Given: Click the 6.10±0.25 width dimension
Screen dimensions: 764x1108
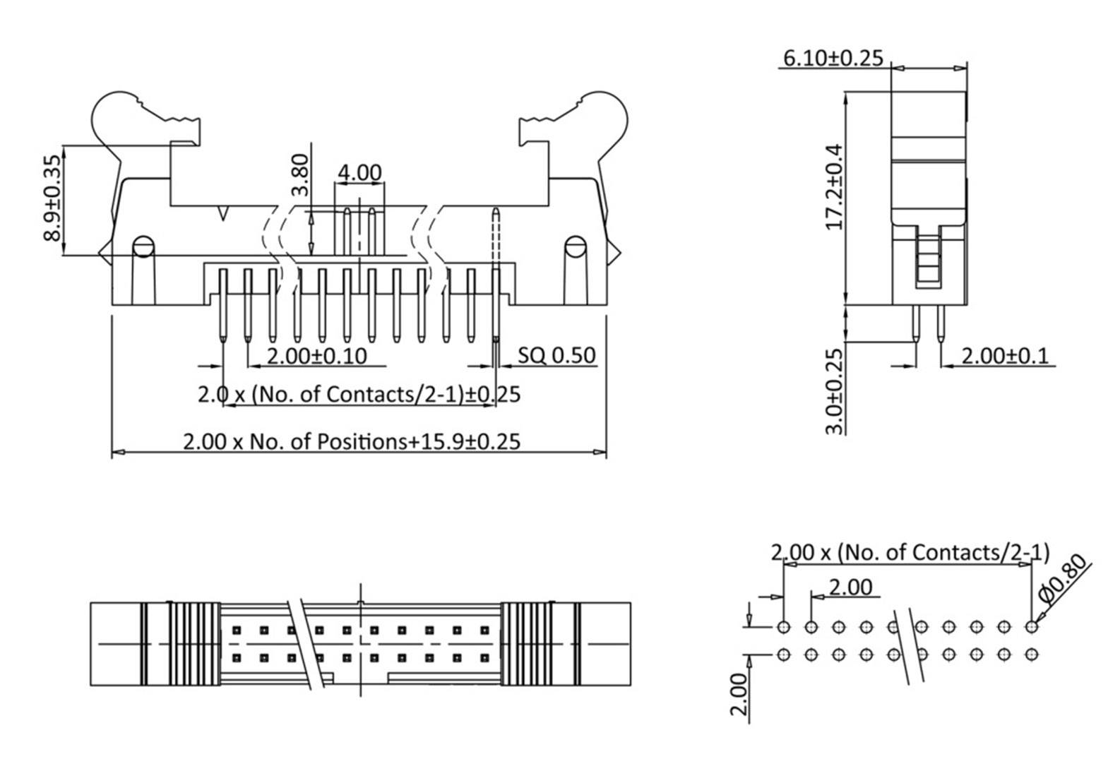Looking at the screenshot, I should [833, 58].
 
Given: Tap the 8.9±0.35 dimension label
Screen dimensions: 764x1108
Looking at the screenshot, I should [52, 198].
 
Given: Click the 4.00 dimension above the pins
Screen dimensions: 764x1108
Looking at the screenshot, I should [359, 172].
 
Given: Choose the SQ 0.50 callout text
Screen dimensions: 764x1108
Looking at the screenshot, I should [556, 355].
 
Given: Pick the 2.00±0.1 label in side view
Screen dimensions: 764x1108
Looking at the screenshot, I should [1006, 355].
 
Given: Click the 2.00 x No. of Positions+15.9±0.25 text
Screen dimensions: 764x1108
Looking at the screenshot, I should [352, 441].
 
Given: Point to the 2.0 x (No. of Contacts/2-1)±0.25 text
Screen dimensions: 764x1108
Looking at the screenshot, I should [359, 394].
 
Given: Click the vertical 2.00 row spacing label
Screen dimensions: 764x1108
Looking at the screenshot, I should [739, 694].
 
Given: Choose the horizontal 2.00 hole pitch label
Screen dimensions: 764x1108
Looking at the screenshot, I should [850, 587].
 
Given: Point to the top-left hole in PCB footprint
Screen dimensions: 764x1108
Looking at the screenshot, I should [783, 626].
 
